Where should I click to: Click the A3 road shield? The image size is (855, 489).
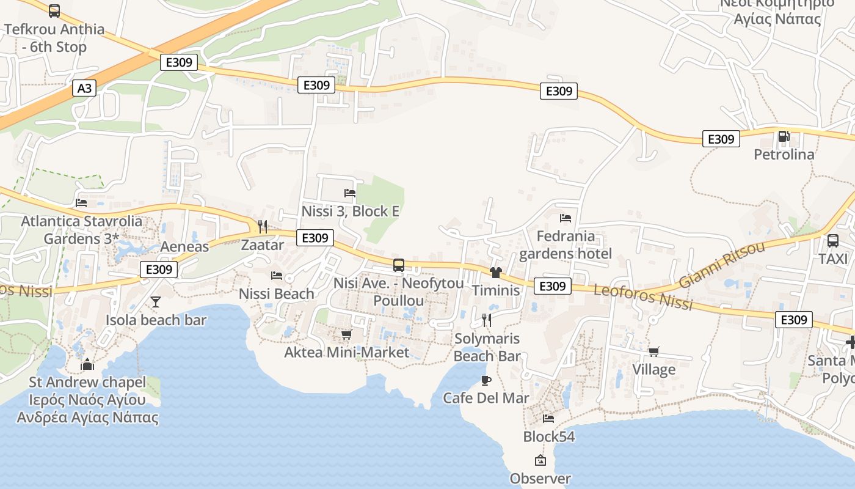click(x=84, y=89)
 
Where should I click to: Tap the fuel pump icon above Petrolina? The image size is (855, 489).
click(x=784, y=136)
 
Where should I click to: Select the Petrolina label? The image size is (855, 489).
click(x=784, y=155)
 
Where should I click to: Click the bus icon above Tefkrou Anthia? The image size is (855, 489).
click(x=54, y=10)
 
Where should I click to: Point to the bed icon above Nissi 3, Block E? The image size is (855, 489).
click(x=350, y=193)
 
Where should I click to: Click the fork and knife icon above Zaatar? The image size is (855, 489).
click(x=263, y=227)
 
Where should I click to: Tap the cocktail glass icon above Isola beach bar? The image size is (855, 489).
click(x=156, y=302)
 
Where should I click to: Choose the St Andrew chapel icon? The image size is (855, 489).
click(x=87, y=365)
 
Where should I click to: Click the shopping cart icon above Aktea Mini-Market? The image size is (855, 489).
click(x=346, y=334)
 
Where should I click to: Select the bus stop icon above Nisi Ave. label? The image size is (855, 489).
click(x=399, y=265)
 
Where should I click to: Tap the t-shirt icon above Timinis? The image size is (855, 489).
click(x=495, y=272)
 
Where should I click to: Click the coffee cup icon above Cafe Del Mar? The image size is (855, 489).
click(x=486, y=380)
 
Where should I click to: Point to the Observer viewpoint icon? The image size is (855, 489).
click(x=540, y=460)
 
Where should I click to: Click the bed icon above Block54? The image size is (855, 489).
click(x=548, y=419)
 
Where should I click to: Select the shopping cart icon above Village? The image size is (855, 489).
click(x=653, y=351)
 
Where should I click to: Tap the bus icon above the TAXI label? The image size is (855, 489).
click(x=832, y=240)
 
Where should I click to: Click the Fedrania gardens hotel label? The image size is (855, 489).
click(x=565, y=244)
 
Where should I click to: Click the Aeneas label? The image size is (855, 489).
click(x=184, y=247)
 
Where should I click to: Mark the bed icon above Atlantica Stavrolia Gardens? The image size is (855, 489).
click(x=81, y=203)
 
